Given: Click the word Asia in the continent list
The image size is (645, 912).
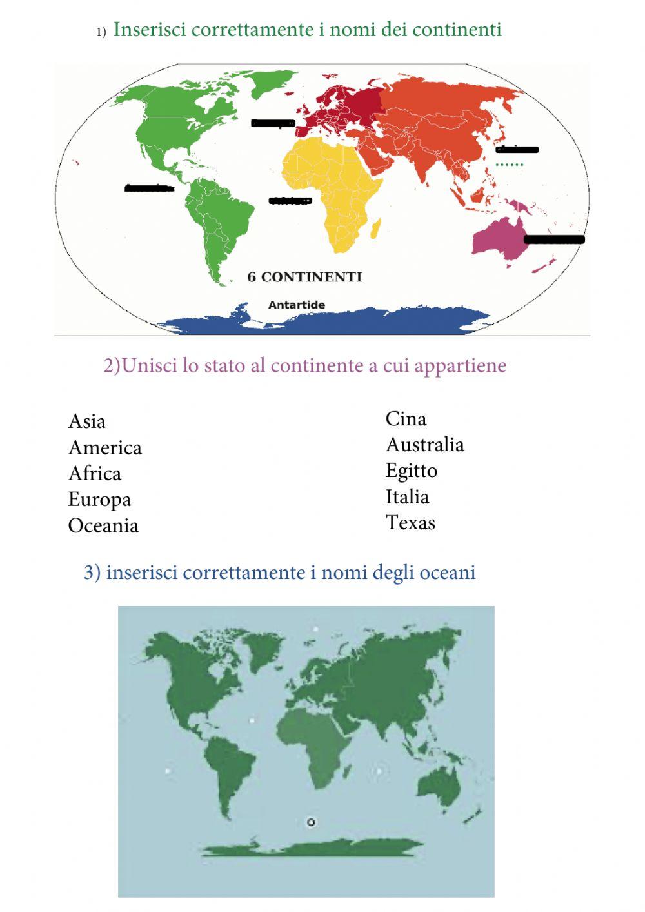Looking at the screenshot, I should point(86,421).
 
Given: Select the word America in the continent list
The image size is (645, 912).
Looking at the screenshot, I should point(104,448).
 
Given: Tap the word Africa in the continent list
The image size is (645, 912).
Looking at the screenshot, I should point(94,474).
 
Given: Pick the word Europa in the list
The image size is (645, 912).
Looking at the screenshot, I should point(99,500).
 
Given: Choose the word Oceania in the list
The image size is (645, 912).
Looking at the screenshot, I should point(103,525).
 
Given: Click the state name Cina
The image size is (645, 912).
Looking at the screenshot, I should point(406,419).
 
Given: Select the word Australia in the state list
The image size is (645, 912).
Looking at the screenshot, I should point(424,445).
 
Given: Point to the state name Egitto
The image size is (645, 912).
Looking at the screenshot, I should point(411,471).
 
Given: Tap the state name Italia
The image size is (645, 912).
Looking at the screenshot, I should point(407,497).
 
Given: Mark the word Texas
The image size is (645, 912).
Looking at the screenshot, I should point(410,523).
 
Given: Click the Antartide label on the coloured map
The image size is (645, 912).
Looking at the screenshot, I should point(296,305).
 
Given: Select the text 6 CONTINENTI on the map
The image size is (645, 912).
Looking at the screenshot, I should point(304,277).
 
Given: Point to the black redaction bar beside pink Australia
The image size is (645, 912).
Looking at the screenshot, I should point(554,239).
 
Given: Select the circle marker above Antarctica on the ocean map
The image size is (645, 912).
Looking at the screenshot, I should point(311,822).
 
